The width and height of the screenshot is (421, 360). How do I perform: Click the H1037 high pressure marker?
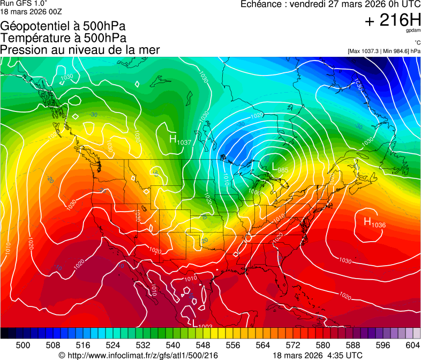(x=179, y=140)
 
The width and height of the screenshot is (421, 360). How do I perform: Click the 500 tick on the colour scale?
(x=24, y=344)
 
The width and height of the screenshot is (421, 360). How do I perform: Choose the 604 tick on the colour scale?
(x=412, y=344)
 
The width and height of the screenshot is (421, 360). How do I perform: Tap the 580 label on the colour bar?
(x=322, y=344)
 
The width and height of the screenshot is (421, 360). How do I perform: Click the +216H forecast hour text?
(x=393, y=20)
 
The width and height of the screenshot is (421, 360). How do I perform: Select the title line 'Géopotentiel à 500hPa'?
(x=63, y=26)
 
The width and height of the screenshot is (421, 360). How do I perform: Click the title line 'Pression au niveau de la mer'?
(x=80, y=50)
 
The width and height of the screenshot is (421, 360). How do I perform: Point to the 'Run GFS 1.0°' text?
(x=23, y=4)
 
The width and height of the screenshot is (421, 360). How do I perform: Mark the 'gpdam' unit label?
(x=414, y=31)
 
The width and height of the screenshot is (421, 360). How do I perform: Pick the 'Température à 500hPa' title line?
(x=63, y=38)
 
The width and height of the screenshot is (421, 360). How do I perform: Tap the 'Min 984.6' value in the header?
(x=396, y=51)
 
